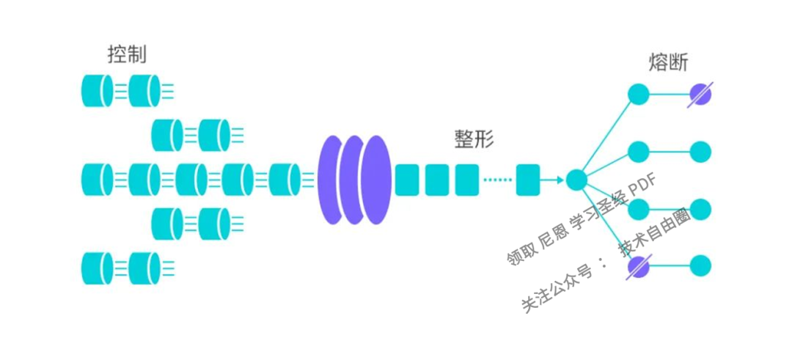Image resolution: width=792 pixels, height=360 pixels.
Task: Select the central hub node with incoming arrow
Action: [x=576, y=180]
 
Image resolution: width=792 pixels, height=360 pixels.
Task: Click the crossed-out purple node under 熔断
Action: [x=700, y=95]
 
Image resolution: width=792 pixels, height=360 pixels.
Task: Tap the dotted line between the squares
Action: [x=498, y=180]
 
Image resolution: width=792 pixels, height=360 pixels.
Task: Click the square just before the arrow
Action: [x=527, y=180]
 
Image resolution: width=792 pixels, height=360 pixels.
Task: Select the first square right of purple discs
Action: [x=406, y=180]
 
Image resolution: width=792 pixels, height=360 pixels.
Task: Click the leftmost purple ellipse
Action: [x=331, y=180]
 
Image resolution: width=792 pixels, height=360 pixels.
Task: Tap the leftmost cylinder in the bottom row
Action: [x=97, y=268]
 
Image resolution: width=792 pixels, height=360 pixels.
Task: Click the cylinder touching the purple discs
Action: [x=284, y=180]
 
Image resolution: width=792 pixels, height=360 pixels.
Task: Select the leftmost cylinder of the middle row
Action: [x=97, y=180]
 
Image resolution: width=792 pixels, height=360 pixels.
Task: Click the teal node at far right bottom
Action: [x=700, y=266]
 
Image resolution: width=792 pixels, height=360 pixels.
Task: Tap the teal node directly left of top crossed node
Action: [x=639, y=94]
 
